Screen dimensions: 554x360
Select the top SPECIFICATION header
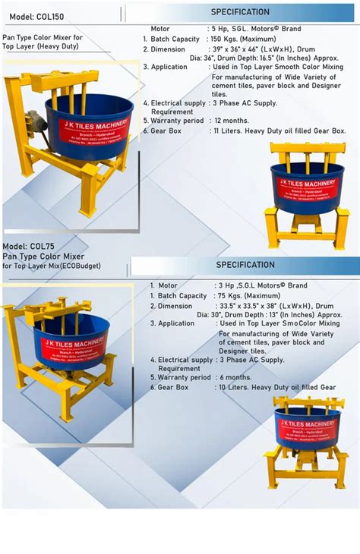[x=240, y=12]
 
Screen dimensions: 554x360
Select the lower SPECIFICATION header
[x=245, y=265]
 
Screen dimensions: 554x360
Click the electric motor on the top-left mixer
[x=34, y=118]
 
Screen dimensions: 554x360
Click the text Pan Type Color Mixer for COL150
[x=43, y=37]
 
